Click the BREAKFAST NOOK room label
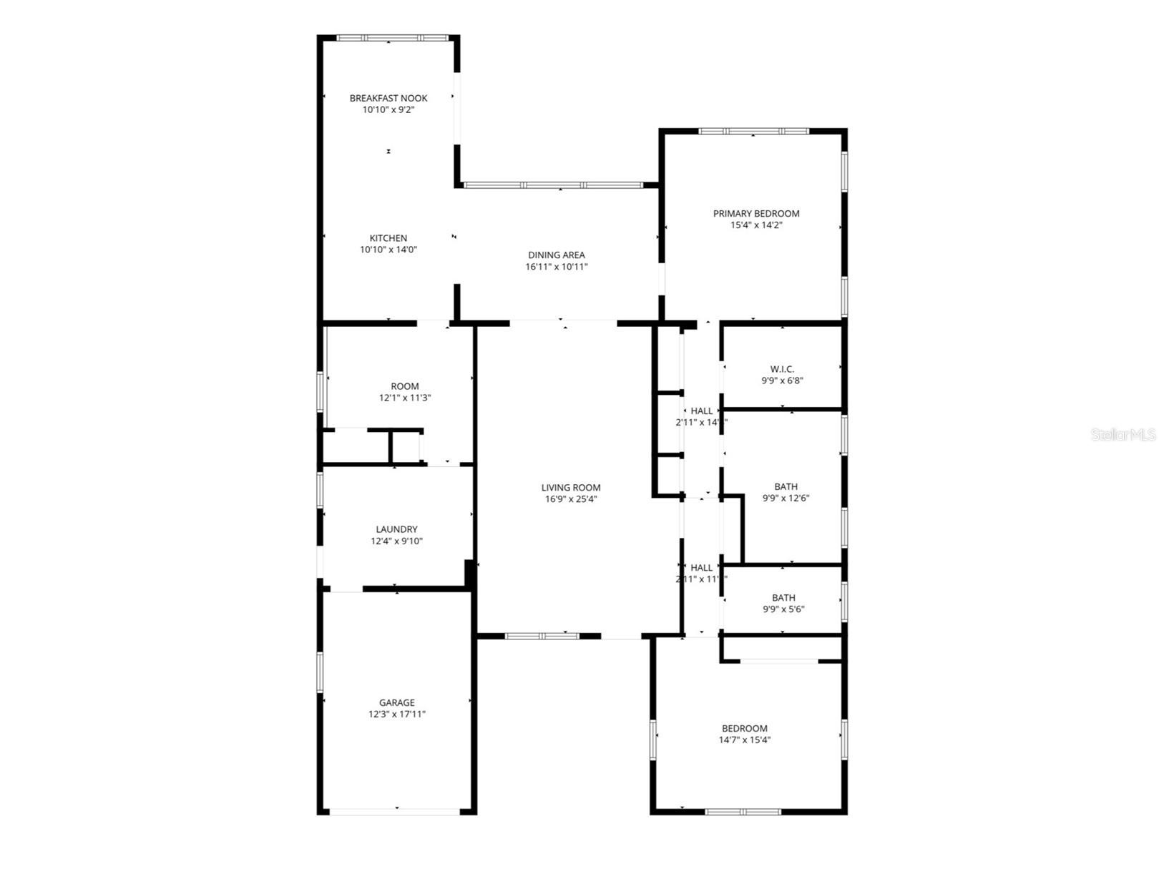388,98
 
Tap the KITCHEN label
388,238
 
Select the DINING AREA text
557,255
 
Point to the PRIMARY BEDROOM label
756,213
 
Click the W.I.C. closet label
782,369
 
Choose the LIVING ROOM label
571,488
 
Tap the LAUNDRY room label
396,529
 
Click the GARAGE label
397,702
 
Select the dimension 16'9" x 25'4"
571,499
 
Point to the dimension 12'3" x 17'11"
397,714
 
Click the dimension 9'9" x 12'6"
786,499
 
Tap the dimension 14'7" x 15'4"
745,740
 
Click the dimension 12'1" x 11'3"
405,398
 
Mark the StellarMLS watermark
1123,434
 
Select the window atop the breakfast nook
392,38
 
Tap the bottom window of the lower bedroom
743,812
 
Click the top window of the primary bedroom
753,132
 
